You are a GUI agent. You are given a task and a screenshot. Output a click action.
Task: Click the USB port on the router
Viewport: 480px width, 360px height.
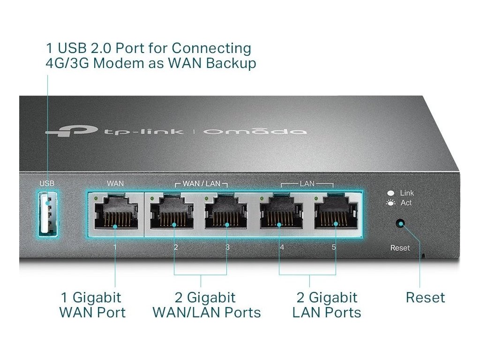point(47,214)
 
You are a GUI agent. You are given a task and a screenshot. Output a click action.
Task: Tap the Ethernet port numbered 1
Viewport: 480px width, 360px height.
point(116,214)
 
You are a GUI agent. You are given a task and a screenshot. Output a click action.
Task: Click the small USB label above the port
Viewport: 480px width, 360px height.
point(47,183)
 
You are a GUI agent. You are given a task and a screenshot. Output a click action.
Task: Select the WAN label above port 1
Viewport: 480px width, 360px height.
point(116,183)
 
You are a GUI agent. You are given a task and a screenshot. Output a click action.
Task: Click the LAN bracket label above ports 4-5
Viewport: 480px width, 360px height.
point(307,183)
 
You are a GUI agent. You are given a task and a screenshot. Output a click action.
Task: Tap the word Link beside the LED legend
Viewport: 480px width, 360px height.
point(407,193)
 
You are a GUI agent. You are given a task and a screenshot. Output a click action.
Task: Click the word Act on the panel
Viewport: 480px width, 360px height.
point(406,203)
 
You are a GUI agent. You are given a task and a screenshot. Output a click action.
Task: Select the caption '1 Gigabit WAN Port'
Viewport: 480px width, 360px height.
point(92,305)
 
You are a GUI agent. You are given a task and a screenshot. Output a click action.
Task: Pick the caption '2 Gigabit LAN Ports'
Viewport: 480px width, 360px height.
point(327,305)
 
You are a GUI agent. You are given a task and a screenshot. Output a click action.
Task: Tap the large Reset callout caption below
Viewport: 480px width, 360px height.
point(425,297)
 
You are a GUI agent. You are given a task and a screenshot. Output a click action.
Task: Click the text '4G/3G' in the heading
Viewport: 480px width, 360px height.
point(67,63)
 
